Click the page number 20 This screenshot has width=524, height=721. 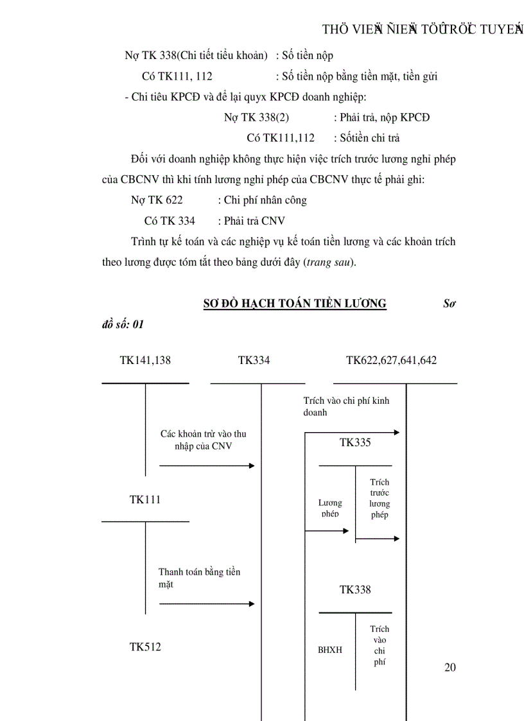tap(450, 668)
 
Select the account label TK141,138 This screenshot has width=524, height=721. tap(145, 360)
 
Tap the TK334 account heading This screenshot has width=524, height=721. tap(254, 360)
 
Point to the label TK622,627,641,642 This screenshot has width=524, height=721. tap(391, 360)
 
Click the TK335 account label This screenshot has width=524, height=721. tap(355, 442)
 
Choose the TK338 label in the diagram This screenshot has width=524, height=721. tap(355, 589)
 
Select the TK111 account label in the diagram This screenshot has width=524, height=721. tap(145, 499)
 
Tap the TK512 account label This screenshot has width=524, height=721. tap(145, 647)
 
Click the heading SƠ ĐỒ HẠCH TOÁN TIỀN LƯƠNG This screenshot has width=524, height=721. tap(295, 304)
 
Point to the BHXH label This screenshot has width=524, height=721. tap(330, 650)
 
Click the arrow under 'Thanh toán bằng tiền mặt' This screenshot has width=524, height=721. tap(207, 604)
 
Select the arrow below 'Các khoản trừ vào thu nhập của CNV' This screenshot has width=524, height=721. tap(207, 465)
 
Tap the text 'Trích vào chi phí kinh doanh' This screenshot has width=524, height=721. tap(346, 406)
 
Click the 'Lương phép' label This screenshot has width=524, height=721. tap(330, 508)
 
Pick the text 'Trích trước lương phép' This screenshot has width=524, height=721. tap(380, 498)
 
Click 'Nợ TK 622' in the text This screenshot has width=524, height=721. tap(157, 200)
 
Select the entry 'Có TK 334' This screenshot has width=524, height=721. tap(170, 221)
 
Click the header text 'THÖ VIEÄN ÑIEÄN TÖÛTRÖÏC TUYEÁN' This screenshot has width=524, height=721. tap(423, 30)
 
